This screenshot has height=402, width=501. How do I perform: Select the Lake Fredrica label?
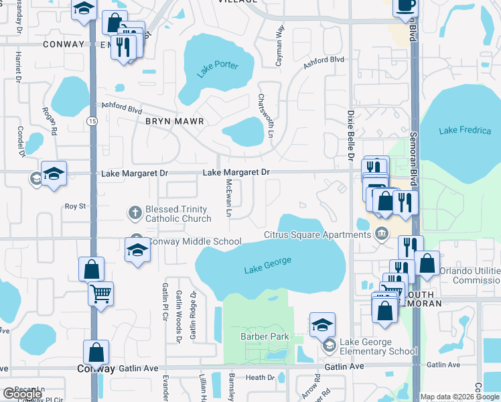(465, 131)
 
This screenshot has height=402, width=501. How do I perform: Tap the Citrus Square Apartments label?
(317, 234)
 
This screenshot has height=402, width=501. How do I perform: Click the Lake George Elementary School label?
(378, 346)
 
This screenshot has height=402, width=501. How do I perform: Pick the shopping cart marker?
(100, 293)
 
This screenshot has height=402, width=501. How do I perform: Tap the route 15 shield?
(92, 121)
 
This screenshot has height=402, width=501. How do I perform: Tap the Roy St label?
(76, 206)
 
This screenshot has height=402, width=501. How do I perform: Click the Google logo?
(22, 394)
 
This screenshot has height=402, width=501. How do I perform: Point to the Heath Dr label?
(261, 377)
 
